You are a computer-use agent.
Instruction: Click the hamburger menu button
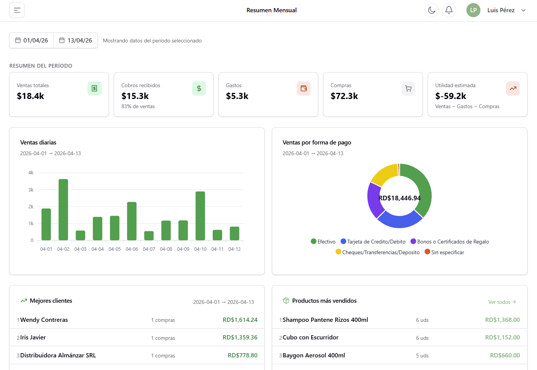click(17, 10)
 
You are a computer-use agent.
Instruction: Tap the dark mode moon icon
click(432, 10)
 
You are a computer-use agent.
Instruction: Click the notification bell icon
click(449, 10)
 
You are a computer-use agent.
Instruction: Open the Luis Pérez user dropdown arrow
click(523, 10)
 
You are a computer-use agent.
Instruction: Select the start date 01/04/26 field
click(32, 41)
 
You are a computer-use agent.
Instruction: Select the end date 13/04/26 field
click(76, 41)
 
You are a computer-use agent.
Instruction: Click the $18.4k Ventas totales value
click(31, 96)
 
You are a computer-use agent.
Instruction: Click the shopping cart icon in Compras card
click(408, 89)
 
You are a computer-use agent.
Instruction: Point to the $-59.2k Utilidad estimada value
click(451, 96)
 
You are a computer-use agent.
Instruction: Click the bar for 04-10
click(200, 216)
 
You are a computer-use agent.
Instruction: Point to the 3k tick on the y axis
click(31, 190)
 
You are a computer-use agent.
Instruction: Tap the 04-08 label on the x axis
click(166, 249)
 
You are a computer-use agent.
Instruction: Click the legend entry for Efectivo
click(323, 242)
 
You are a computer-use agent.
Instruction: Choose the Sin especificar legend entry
click(445, 252)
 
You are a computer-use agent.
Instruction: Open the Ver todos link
click(502, 302)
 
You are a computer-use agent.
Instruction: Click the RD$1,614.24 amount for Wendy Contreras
click(240, 320)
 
